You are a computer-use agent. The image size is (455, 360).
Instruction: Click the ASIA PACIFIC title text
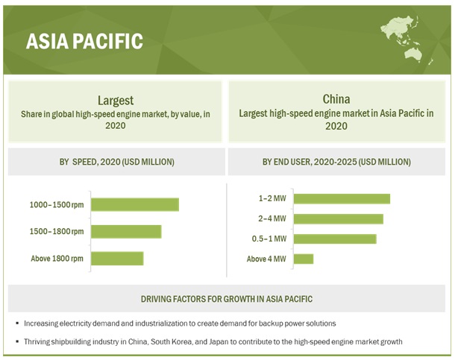tap(84, 41)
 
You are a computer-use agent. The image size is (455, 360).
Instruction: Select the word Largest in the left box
tap(115, 100)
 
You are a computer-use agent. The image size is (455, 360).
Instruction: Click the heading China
tap(337, 99)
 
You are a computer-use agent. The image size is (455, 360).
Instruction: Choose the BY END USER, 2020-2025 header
tap(336, 162)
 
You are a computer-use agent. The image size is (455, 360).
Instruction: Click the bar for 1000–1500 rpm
tap(136, 204)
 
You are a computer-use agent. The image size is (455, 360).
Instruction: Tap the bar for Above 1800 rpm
tap(118, 258)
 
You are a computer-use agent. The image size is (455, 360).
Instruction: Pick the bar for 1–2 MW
tap(342, 198)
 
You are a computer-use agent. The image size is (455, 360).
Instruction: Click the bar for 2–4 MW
tap(339, 218)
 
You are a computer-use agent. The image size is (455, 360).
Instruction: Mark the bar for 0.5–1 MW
tap(335, 239)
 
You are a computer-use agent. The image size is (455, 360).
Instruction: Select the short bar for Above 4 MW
tap(304, 259)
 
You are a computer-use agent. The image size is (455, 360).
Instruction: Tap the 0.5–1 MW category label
tap(270, 239)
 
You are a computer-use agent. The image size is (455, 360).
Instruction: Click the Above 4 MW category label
tap(266, 259)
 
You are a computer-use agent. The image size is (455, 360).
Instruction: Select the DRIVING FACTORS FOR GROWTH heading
tap(227, 299)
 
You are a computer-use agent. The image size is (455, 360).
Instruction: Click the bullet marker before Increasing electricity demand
tap(16, 324)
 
